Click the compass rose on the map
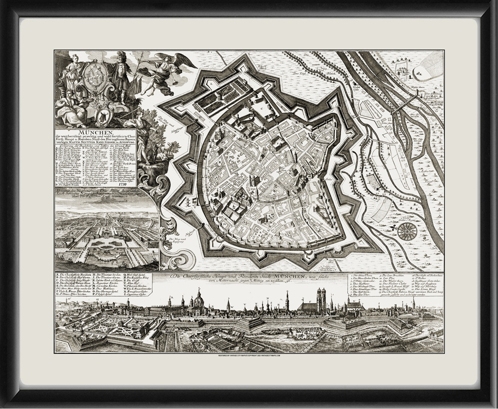point(407,231)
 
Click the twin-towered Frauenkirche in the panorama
point(320,300)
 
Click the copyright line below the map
point(249,356)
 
